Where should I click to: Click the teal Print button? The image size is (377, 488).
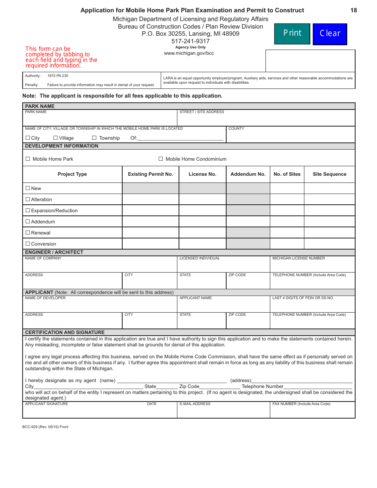[292, 34]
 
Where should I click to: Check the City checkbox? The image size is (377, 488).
[28, 138]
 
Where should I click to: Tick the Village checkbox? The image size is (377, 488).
[56, 138]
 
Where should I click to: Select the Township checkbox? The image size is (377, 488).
[94, 138]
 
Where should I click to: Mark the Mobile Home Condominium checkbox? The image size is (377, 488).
[161, 159]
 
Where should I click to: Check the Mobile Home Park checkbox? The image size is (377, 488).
[28, 159]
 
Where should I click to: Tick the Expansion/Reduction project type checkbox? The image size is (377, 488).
[28, 210]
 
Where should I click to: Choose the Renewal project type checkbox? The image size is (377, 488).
[28, 232]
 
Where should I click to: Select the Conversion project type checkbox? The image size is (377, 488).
[28, 244]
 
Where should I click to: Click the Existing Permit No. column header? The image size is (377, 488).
[150, 174]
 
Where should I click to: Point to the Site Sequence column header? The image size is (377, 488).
[329, 174]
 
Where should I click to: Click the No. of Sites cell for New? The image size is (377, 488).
[287, 188]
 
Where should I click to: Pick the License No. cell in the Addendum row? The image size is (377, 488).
[202, 222]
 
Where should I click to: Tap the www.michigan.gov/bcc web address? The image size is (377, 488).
[189, 53]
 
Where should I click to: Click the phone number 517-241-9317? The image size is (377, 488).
[190, 41]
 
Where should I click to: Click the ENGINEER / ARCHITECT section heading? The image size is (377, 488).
[54, 252]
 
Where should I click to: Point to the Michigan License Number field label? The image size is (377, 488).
[298, 258]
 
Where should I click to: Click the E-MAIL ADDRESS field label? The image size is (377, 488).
[195, 404]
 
